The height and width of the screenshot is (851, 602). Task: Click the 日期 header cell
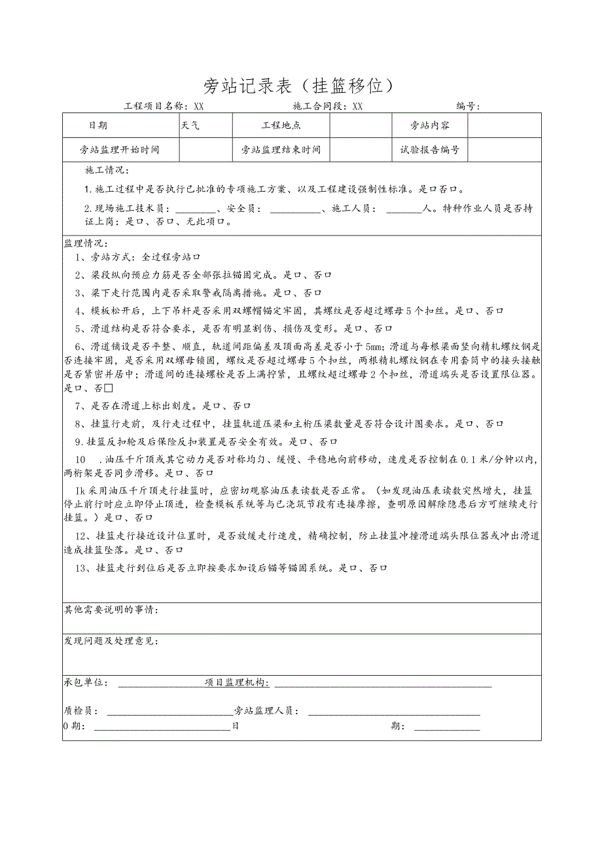coord(98,126)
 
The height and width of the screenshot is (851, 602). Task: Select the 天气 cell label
coord(190,126)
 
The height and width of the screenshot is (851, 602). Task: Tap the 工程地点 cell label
coord(281,126)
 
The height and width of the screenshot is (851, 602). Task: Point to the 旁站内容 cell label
coord(429,126)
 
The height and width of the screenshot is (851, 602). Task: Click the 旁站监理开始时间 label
coord(120,150)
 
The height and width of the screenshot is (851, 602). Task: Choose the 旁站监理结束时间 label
coord(281,150)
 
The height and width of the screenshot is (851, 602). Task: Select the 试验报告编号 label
coord(430,150)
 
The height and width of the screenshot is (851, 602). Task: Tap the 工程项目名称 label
coord(156,106)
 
